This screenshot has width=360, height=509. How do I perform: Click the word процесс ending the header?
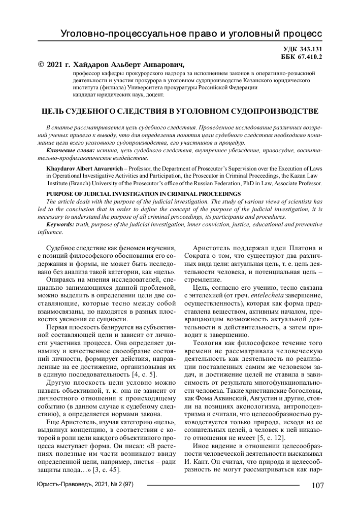coord(304,34)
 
